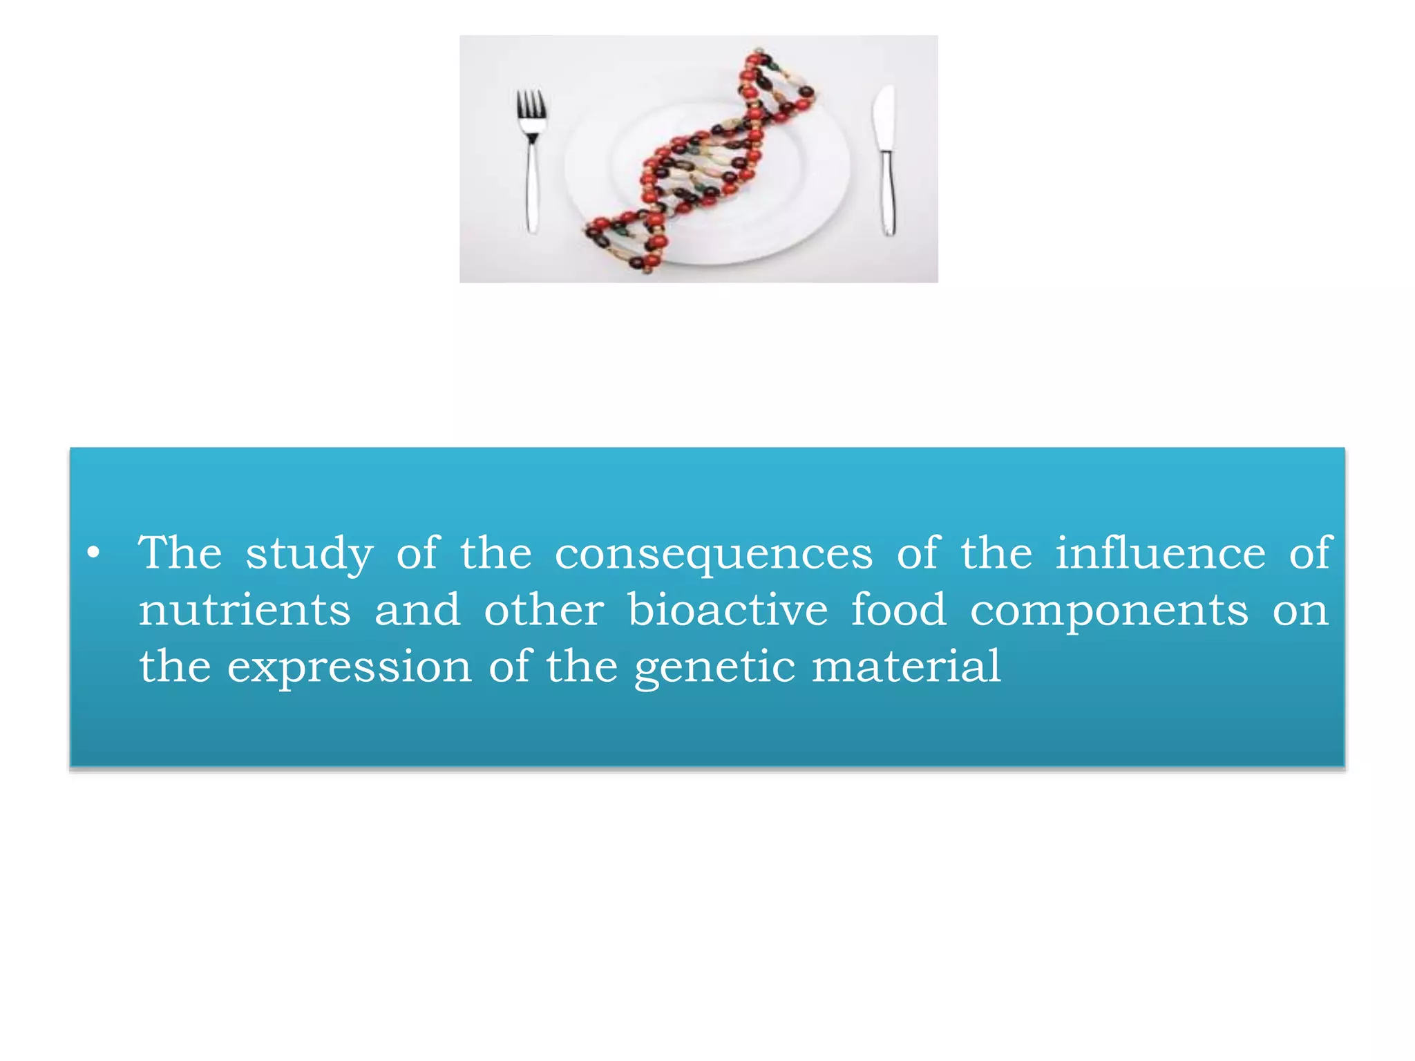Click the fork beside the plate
coord(531,162)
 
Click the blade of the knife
coord(884,117)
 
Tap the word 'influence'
coord(1160,553)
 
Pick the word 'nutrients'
coord(245,611)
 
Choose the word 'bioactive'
coord(728,611)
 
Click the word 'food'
coord(898,611)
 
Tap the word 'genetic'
coord(714,668)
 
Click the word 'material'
coord(906,667)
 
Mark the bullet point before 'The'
coord(94,554)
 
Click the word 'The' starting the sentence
coord(180,553)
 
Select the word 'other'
coord(544,611)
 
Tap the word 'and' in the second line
coord(417,611)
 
